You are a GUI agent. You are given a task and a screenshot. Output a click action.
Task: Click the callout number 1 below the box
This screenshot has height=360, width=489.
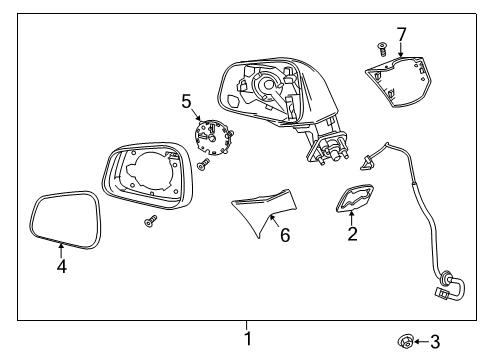pos(247,338)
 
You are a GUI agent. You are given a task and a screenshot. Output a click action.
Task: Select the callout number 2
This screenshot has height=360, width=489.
pos(351,235)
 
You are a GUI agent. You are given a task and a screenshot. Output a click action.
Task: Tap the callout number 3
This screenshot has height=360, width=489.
pos(434,343)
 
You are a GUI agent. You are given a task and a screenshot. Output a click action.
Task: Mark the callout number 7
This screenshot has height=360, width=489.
pos(401,35)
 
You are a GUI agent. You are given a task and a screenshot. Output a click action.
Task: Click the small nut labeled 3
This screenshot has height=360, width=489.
pos(406,343)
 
